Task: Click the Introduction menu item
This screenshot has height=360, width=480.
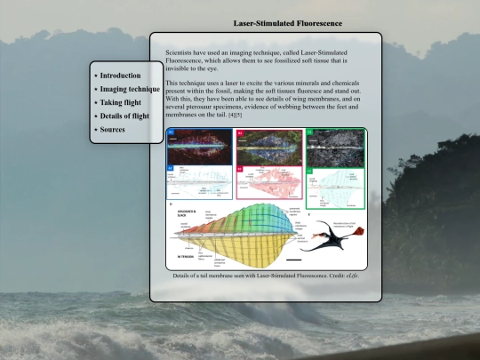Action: click(x=120, y=76)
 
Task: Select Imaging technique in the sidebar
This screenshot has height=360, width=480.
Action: click(x=129, y=90)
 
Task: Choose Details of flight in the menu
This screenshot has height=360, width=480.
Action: click(x=127, y=116)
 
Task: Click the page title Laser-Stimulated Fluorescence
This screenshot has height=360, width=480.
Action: click(x=287, y=22)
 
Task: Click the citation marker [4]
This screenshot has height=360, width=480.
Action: click(x=231, y=116)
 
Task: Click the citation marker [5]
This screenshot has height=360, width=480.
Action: click(x=238, y=116)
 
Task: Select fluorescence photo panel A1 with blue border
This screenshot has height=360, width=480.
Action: click(x=198, y=145)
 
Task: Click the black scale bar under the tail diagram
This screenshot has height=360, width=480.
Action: click(x=294, y=260)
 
